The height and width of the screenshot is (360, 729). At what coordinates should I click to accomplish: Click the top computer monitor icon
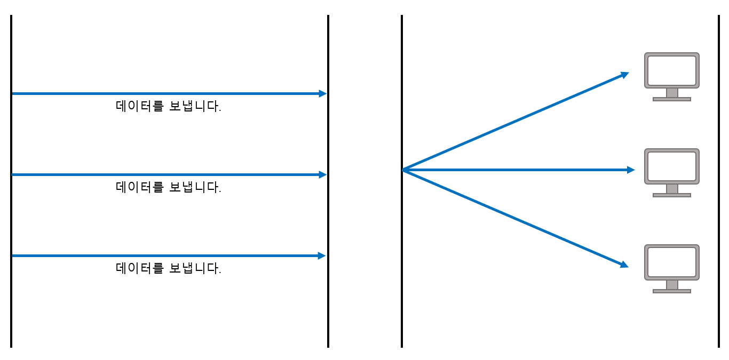(672, 77)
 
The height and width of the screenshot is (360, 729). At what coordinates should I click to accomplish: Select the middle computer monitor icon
(672, 173)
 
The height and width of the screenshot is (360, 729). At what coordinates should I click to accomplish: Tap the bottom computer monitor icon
(672, 269)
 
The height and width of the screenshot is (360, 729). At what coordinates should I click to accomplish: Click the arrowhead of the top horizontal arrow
(322, 94)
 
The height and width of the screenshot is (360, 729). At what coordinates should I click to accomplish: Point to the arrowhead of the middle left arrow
(322, 174)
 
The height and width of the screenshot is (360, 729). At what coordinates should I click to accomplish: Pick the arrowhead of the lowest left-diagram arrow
(322, 255)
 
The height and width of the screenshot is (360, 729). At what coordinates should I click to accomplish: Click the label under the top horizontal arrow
(168, 106)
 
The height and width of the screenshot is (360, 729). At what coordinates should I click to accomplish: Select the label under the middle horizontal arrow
(168, 187)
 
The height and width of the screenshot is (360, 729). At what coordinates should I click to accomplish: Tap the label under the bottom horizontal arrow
(168, 268)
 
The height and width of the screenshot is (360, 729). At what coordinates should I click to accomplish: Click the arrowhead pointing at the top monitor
(624, 75)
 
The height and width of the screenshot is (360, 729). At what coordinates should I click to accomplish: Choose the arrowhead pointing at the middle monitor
(631, 170)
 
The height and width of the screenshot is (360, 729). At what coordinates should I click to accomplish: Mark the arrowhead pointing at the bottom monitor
(624, 265)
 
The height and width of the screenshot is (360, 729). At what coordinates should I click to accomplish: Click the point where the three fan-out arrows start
(403, 170)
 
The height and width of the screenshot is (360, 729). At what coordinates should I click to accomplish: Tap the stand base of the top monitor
(672, 99)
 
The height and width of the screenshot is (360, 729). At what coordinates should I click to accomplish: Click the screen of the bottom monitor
(672, 262)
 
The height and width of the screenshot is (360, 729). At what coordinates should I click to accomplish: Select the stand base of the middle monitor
(672, 195)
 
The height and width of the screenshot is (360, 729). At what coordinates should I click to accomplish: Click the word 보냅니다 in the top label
(195, 106)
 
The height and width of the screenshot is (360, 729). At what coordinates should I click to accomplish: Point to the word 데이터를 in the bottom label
(140, 268)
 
